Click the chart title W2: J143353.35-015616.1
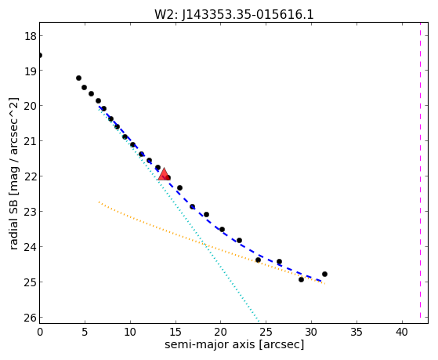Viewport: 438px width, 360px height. coord(234,15)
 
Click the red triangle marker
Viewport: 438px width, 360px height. coord(164,174)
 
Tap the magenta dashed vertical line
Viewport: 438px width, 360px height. coord(420,170)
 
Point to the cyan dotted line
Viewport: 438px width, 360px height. coord(179,215)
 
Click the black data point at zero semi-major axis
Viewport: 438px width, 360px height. coord(40,56)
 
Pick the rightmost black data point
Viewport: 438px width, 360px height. coord(324,275)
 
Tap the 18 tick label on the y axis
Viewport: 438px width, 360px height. coord(30,36)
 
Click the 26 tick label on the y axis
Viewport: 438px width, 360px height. coord(30,318)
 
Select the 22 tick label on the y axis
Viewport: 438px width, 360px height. coord(30,176)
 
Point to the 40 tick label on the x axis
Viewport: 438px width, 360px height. coord(402,332)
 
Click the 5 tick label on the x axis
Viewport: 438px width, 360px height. coord(85,332)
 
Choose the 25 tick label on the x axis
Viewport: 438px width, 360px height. coord(266,332)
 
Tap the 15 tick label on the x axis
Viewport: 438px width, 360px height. coord(176,332)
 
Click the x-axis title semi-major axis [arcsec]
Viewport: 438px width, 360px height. coord(234,344)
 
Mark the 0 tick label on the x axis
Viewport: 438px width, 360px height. coord(40,332)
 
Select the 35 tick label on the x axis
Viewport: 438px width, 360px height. coord(357,332)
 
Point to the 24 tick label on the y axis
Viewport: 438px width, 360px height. coord(30,247)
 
